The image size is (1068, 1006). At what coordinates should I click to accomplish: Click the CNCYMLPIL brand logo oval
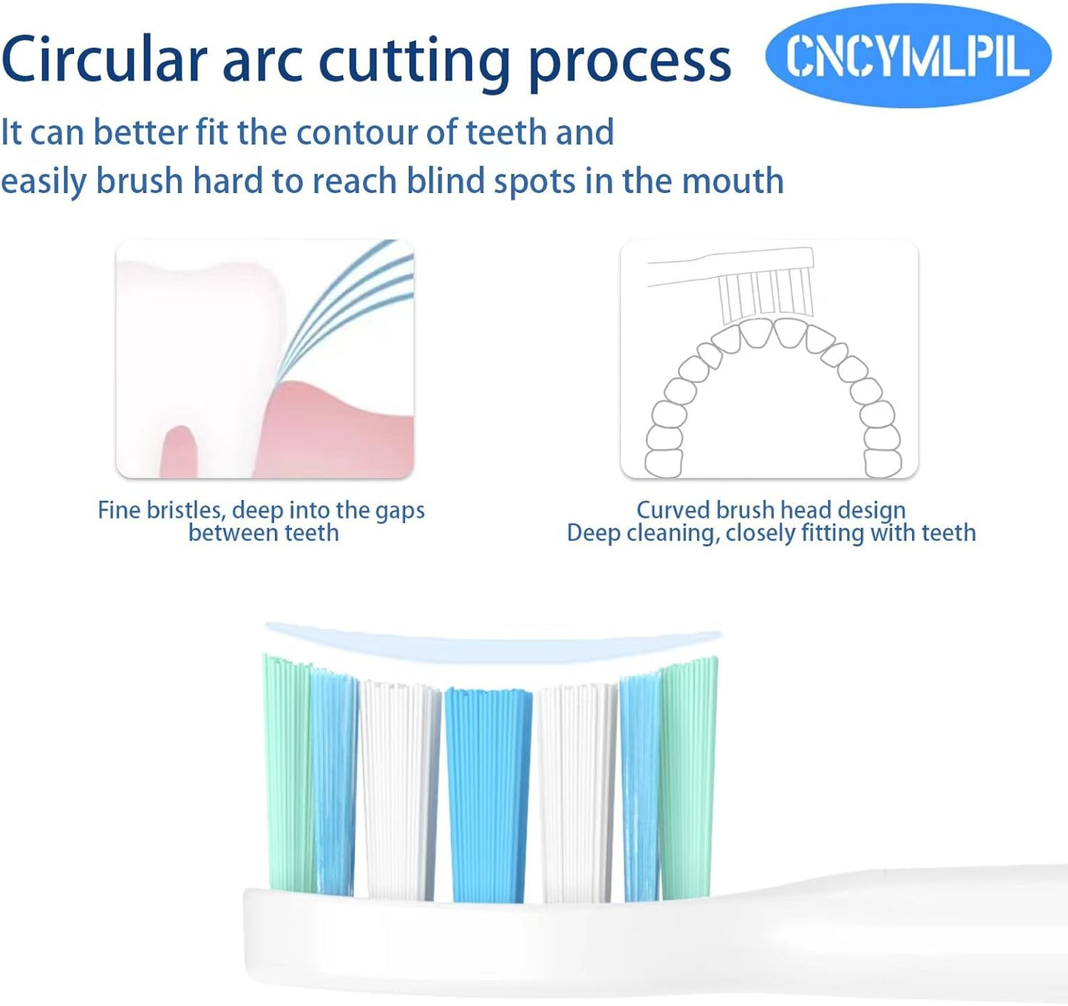(908, 57)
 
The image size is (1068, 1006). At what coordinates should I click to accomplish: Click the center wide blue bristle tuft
(488, 795)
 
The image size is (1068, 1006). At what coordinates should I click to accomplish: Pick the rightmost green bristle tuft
(689, 777)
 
